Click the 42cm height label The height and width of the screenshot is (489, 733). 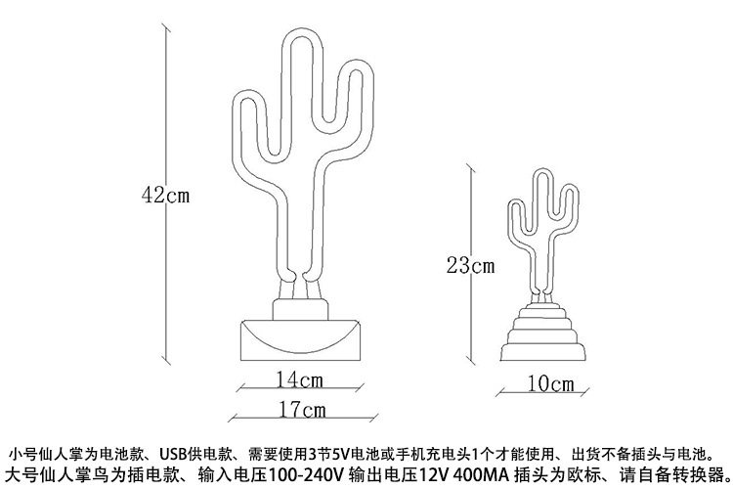click(164, 194)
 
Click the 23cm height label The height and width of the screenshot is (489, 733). click(470, 264)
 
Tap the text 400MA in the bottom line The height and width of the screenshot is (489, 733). click(480, 475)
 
